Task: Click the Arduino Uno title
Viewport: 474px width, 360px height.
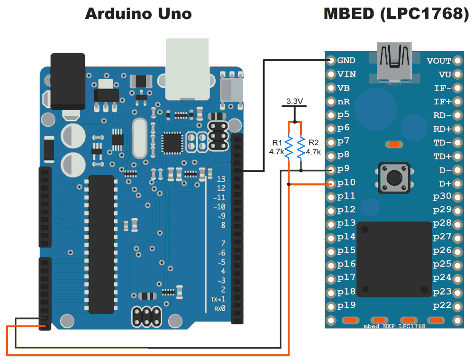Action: (138, 14)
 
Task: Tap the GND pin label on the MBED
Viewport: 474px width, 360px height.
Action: (346, 61)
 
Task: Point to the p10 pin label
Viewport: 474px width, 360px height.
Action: (346, 183)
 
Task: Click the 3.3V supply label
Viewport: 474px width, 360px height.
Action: (294, 102)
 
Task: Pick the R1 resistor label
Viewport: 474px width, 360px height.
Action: (277, 143)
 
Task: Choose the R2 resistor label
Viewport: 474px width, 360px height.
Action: (313, 143)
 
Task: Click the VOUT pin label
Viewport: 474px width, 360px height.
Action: (439, 61)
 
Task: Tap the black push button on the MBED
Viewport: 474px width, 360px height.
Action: (393, 178)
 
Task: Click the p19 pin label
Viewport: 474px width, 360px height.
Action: (346, 305)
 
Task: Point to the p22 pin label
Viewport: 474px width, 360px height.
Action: (442, 305)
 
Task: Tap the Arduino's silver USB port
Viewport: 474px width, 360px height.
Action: (187, 69)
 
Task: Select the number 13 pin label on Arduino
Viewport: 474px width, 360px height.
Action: (220, 179)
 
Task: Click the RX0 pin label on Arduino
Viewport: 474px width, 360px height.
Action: (220, 309)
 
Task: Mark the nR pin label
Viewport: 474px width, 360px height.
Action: (344, 102)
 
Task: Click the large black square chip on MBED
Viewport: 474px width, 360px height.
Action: (393, 258)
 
